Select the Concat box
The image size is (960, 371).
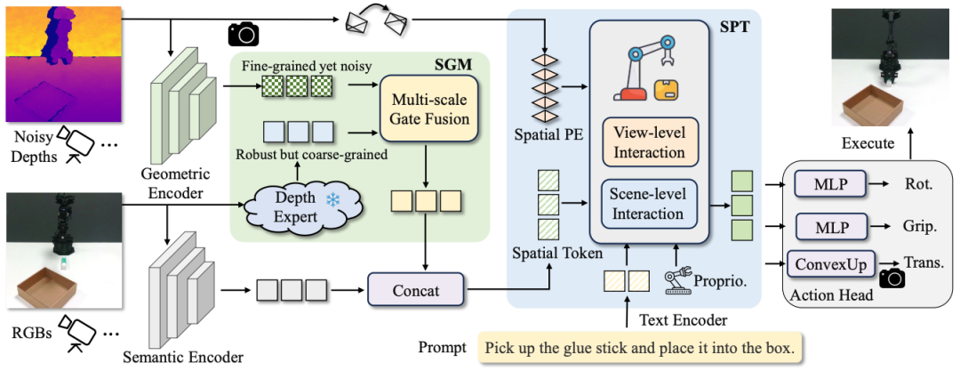[417, 289]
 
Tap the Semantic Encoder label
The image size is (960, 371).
[184, 357]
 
